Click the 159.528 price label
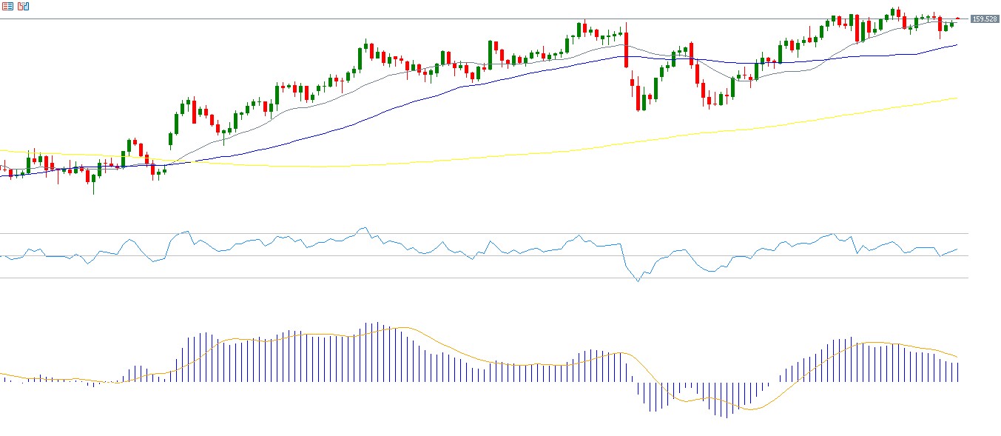click(985, 19)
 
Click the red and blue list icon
click(7, 6)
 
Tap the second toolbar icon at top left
click(23, 6)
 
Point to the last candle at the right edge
click(957, 19)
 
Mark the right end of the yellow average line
click(957, 98)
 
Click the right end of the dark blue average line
click(957, 44)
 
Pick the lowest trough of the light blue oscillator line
click(638, 281)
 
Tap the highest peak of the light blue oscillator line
click(363, 228)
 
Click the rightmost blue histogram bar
click(957, 372)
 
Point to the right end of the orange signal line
click(957, 357)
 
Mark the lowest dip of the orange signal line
click(749, 409)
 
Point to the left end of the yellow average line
click(1, 151)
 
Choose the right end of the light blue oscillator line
click(957, 249)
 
